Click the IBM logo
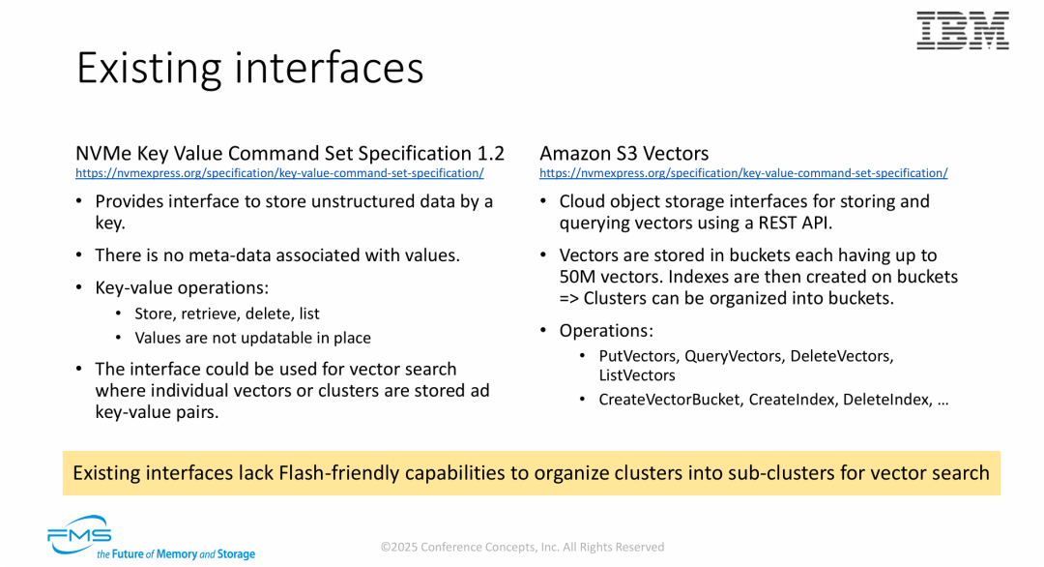(962, 31)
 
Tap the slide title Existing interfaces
(249, 68)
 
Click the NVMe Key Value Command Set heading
(290, 153)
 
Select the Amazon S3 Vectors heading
(623, 153)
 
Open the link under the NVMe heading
(279, 173)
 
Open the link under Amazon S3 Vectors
(743, 173)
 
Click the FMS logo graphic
(79, 534)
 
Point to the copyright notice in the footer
(522, 547)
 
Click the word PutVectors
(637, 356)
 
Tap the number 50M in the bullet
(580, 277)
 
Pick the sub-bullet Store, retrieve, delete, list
(227, 313)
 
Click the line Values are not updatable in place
(252, 338)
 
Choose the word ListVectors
(637, 375)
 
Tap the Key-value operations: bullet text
(182, 287)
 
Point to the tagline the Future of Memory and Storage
(176, 554)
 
